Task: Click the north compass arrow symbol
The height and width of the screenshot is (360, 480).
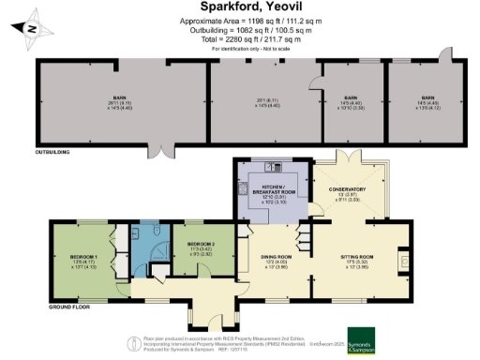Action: point(33,29)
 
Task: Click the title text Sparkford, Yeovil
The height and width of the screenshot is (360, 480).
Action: point(240,7)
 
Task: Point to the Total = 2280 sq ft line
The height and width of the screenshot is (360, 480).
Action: point(241,40)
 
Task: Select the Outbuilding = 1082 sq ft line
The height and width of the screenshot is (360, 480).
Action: point(241,30)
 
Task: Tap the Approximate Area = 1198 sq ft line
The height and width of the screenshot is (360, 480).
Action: point(241,20)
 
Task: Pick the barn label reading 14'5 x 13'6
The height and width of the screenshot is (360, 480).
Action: point(427,101)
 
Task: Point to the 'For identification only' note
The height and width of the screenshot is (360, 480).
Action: point(240,50)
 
